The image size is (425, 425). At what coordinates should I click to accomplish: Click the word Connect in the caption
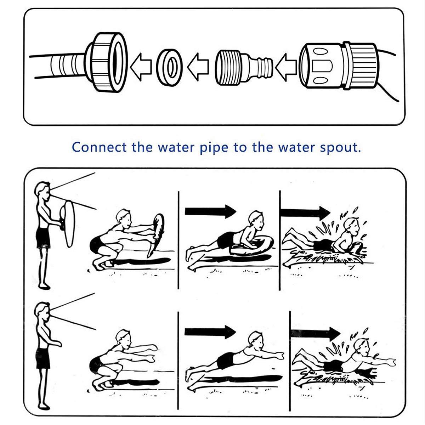pyautogui.click(x=99, y=147)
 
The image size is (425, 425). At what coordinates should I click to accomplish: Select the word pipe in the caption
pyautogui.click(x=214, y=148)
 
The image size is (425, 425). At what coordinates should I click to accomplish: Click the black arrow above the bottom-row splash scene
pyautogui.click(x=316, y=334)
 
